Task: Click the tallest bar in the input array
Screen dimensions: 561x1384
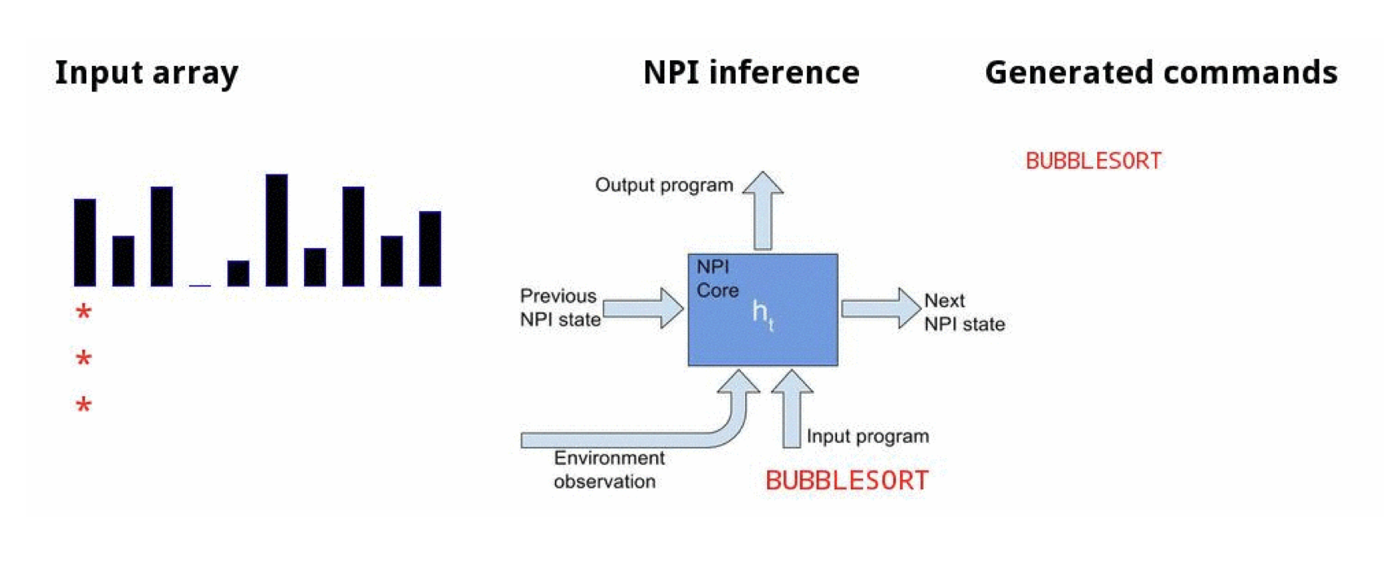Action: [276, 230]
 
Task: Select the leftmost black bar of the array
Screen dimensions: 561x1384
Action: [85, 242]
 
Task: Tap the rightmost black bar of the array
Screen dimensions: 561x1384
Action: [430, 249]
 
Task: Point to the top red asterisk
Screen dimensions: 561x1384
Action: [83, 312]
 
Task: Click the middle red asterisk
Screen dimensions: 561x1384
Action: [83, 359]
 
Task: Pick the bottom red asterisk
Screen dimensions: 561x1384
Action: [83, 405]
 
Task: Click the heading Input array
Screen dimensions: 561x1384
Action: [147, 73]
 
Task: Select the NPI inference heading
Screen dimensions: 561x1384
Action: [751, 73]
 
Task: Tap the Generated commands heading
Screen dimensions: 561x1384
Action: [1161, 73]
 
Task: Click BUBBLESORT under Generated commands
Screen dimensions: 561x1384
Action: [1093, 161]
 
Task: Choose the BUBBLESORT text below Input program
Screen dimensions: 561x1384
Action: [846, 481]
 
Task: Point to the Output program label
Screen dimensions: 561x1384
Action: [663, 185]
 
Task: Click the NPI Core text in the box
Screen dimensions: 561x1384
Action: [717, 279]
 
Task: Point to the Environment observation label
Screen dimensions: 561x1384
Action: [608, 470]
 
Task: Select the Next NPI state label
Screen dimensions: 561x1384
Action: [963, 312]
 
